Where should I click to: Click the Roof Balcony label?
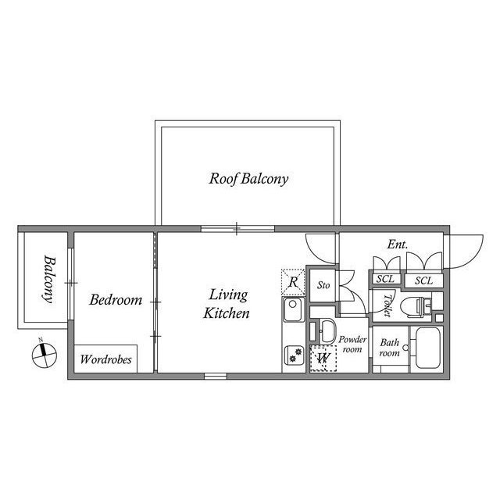tap(248, 179)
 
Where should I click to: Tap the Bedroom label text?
tap(116, 300)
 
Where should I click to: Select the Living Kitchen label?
tap(227, 304)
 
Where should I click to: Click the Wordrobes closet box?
tap(105, 359)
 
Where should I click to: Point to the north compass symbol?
tap(45, 355)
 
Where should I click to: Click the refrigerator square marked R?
tap(293, 282)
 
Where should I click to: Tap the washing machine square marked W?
tap(323, 358)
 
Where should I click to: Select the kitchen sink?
tap(294, 309)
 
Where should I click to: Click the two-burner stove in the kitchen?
tap(294, 355)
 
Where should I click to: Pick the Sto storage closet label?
tap(323, 285)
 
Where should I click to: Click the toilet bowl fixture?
tap(416, 307)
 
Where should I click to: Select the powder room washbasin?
tap(326, 331)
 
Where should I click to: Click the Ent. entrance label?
tap(398, 245)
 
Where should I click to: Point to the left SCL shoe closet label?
tap(385, 279)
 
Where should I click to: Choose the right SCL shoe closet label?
tap(423, 280)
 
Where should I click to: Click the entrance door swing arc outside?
tap(474, 259)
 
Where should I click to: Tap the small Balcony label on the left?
tap(49, 279)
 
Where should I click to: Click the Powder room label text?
tap(352, 345)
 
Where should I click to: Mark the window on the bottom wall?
tap(216, 377)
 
